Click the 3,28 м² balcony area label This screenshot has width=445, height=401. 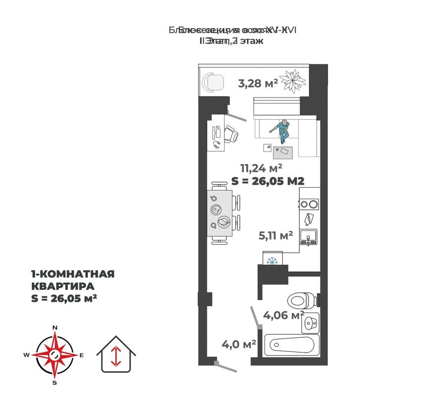pyautogui.click(x=257, y=83)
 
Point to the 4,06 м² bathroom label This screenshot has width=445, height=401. pyautogui.click(x=282, y=314)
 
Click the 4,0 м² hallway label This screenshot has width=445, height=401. pyautogui.click(x=239, y=343)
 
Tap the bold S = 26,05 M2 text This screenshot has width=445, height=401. pyautogui.click(x=267, y=181)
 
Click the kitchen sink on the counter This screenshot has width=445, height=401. pyautogui.click(x=309, y=240)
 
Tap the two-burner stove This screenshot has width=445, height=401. pyautogui.click(x=309, y=203)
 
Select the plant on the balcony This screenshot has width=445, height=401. pyautogui.click(x=294, y=80)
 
